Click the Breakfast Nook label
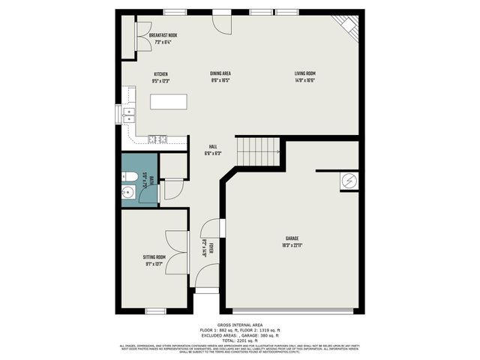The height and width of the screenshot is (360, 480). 163,35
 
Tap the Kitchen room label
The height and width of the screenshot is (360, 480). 160,73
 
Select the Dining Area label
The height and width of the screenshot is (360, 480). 220,73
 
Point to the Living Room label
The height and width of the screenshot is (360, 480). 304,73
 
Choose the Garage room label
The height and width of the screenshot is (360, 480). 292,238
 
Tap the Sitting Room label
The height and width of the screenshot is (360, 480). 153,257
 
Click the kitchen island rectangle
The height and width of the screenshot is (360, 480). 168,101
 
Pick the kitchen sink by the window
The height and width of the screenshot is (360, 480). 128,115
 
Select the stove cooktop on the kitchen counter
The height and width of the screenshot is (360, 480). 157,139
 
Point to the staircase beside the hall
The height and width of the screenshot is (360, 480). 258,152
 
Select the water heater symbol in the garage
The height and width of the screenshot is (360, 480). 349,181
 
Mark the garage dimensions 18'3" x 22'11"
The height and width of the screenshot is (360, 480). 292,244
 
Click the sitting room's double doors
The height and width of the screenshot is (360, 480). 177,252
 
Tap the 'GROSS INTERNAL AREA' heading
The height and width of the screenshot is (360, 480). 240,325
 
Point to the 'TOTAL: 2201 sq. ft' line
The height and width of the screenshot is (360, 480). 240,340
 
